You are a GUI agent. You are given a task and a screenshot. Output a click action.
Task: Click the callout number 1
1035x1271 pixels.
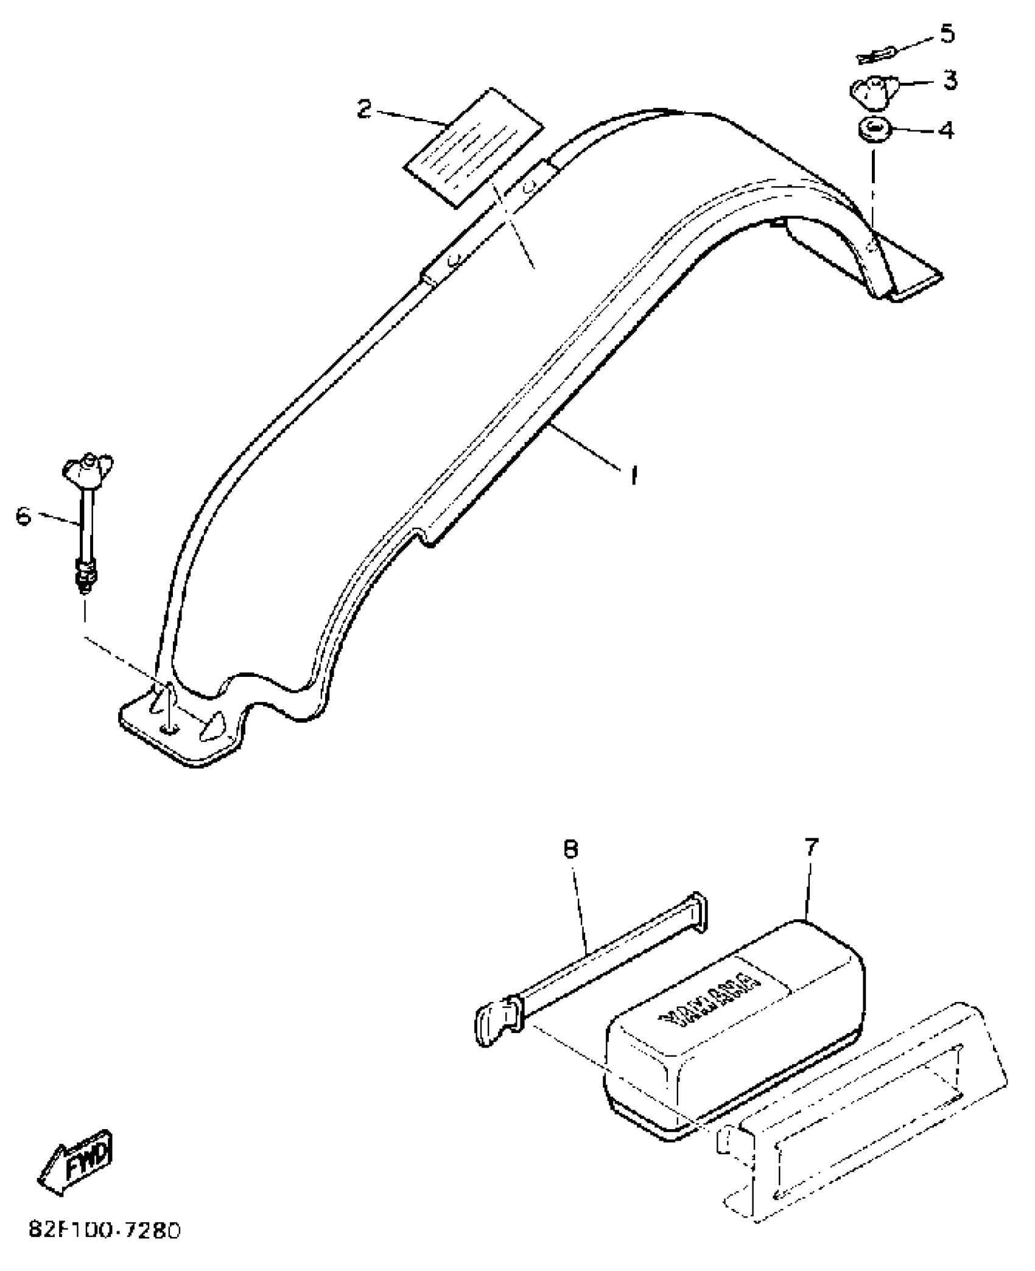point(634,475)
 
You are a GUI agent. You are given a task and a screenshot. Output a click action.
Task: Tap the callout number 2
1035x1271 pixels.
point(363,110)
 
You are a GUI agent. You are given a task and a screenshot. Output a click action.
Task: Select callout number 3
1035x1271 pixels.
point(950,80)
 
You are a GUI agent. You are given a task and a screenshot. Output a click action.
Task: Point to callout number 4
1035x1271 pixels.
point(946,130)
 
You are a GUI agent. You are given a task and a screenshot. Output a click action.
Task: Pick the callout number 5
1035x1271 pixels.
point(947,33)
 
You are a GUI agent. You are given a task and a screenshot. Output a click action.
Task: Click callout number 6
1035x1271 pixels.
point(23,517)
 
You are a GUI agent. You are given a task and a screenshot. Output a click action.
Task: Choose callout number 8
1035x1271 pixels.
point(570,850)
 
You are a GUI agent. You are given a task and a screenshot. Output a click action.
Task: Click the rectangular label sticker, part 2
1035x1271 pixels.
point(473,149)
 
